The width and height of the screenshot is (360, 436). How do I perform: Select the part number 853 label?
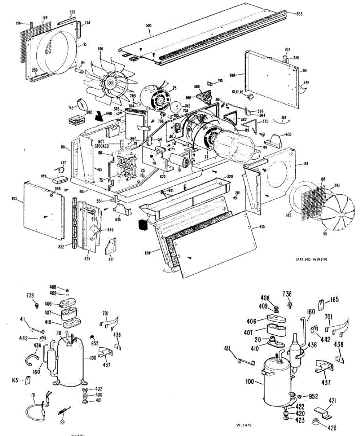coord(299,14)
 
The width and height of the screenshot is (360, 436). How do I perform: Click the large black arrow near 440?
coord(98,116)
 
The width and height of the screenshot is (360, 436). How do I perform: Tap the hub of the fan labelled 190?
coord(109,83)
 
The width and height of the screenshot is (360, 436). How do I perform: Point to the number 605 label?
coord(15,199)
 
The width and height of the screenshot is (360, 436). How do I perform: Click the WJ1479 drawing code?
coord(245,424)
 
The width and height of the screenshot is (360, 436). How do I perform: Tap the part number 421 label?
coord(333,401)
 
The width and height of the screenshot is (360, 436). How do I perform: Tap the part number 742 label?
coord(71,108)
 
